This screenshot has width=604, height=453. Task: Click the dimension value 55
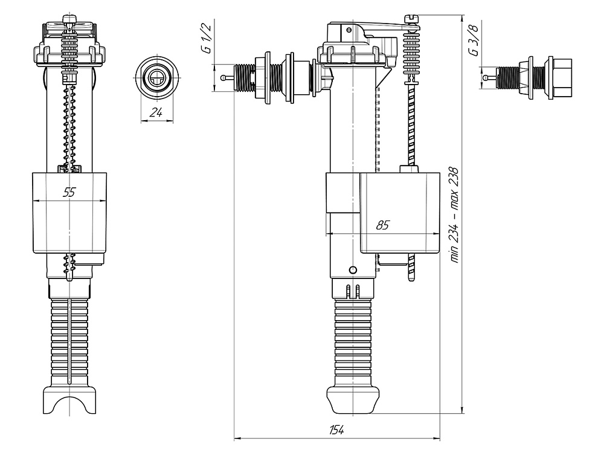pyautogui.click(x=69, y=193)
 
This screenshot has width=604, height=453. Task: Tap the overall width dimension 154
pyautogui.click(x=336, y=429)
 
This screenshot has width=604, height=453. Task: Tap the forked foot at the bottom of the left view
pyautogui.click(x=69, y=401)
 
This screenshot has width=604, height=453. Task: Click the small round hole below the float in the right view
pyautogui.click(x=353, y=269)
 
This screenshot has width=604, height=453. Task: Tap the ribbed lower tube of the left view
pyautogui.click(x=69, y=341)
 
